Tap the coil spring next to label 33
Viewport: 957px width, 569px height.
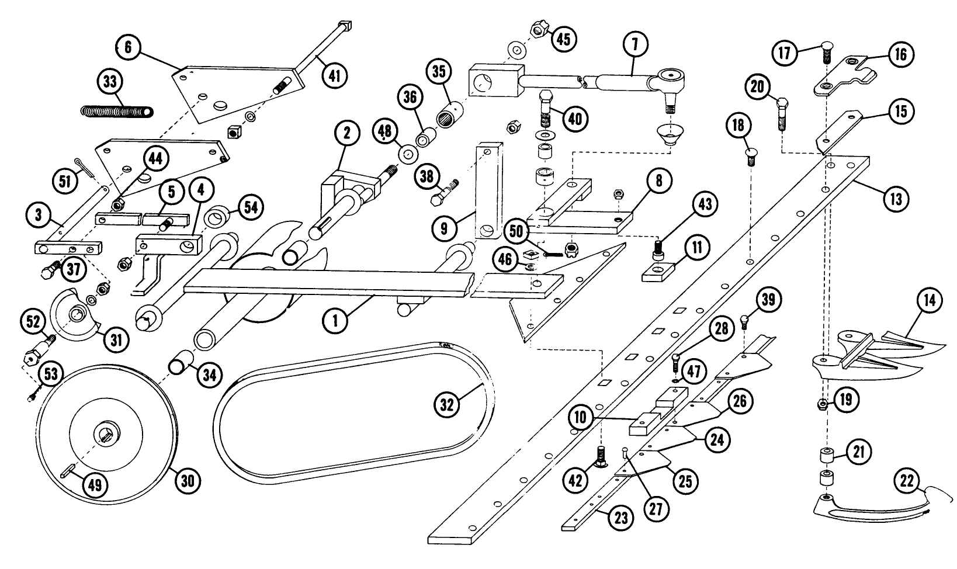(116, 110)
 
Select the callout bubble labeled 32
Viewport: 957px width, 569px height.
(447, 405)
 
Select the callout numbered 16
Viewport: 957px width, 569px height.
(900, 54)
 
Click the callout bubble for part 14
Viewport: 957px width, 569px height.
(930, 301)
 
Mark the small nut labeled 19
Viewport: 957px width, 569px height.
(821, 403)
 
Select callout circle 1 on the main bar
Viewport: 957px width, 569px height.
(335, 320)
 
